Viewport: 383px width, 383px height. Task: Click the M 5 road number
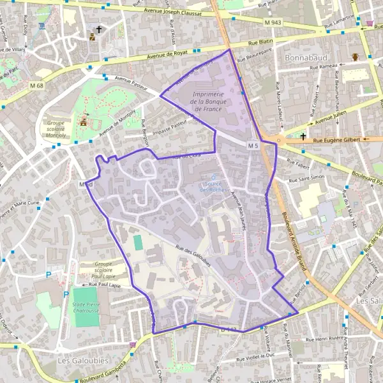(253, 146)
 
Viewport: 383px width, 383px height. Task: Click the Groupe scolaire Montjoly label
(61, 128)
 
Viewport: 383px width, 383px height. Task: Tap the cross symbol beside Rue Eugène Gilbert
(303, 136)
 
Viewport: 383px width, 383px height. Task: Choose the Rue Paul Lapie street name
(105, 285)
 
